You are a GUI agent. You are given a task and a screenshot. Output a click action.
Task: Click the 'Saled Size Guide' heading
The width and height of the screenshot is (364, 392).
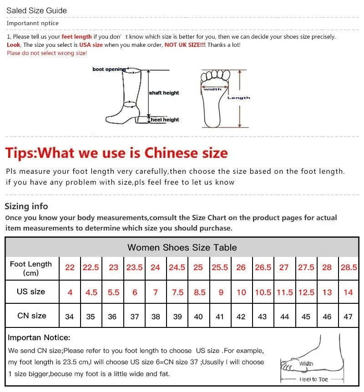tap(36, 10)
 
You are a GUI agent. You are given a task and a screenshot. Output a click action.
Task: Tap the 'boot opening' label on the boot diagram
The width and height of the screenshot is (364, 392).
tap(109, 70)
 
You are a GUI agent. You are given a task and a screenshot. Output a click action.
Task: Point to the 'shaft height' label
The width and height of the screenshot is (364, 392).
tap(164, 93)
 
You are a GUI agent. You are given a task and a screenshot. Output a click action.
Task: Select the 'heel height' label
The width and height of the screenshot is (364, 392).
tap(165, 120)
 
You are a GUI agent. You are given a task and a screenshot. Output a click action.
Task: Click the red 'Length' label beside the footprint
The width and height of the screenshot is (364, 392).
tap(239, 98)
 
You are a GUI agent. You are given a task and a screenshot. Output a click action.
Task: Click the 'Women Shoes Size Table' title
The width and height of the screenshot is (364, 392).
tap(182, 247)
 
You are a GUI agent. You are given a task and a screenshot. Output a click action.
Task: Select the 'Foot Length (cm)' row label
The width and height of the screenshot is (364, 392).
tap(31, 268)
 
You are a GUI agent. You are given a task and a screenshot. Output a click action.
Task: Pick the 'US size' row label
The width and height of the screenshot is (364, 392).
tap(31, 291)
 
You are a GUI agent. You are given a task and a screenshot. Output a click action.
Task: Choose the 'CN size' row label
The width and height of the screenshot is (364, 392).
tap(32, 316)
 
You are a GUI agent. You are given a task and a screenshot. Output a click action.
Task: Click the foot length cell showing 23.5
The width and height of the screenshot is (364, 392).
tap(134, 267)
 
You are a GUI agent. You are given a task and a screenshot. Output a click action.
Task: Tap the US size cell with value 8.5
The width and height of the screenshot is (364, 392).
tap(200, 292)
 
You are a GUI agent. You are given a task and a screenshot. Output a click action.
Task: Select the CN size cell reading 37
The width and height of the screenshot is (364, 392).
tap(135, 317)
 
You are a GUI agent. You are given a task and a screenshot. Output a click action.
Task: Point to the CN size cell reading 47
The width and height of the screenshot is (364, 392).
tap(348, 317)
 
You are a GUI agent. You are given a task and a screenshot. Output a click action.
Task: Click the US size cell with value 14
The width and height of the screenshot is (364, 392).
tap(348, 292)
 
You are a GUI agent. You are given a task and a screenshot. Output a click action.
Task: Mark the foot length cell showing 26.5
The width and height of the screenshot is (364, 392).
tap(263, 267)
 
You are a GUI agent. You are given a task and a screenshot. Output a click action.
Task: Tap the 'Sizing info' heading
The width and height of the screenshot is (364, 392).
tap(26, 206)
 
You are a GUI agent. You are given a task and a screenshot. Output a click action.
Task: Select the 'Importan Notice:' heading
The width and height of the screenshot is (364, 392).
tap(39, 337)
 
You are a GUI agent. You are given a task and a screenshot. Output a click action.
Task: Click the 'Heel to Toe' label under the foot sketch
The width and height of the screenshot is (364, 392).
tap(313, 379)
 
